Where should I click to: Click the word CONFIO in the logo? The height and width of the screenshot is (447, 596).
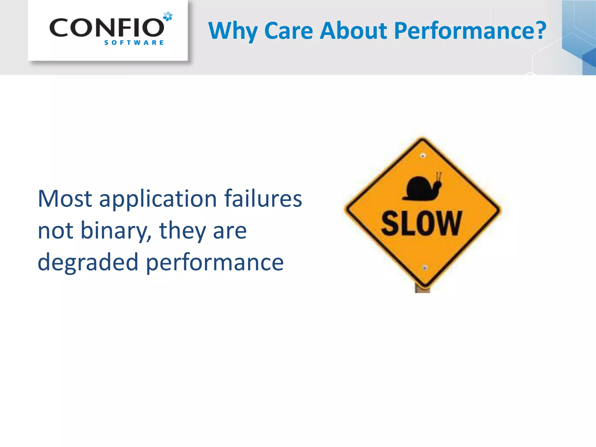pos(107,28)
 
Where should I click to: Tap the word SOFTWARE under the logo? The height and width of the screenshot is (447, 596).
pos(134,43)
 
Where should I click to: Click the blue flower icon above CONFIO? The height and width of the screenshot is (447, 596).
pos(168,16)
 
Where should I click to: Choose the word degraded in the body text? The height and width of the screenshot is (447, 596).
pos(88,262)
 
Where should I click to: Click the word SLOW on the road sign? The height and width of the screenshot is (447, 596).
pos(422,223)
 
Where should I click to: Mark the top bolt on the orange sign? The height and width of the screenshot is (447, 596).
pos(423,155)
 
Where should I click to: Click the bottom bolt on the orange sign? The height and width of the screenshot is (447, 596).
pos(425,267)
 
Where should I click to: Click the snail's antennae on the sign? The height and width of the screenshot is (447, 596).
pos(439,177)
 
